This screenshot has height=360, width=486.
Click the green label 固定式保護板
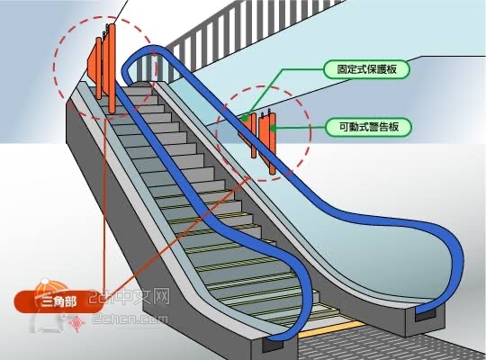[366, 69]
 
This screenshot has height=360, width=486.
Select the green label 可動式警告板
[369, 127]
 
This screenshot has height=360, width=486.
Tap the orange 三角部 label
[58, 301]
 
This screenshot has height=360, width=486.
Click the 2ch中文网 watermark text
[130, 297]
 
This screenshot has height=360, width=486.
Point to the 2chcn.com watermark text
[130, 319]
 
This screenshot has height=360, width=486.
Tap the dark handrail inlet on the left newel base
[272, 344]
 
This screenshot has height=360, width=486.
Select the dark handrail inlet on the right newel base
[425, 314]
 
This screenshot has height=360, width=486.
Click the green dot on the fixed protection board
[245, 118]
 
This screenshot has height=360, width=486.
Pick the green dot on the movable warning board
[273, 128]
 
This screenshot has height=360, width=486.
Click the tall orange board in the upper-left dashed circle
[112, 68]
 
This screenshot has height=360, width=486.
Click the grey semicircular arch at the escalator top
[141, 83]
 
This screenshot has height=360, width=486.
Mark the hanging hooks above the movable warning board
[265, 113]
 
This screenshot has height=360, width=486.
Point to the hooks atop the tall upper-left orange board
[105, 30]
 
